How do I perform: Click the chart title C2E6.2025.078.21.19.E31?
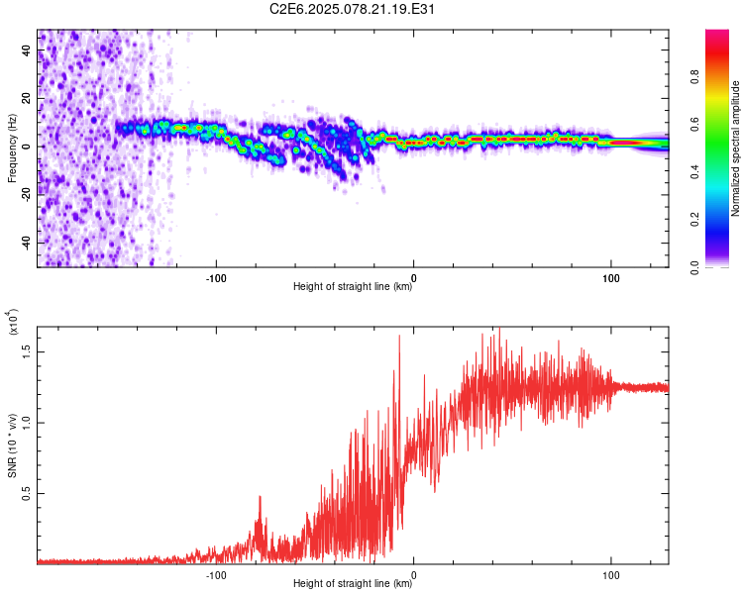(352, 9)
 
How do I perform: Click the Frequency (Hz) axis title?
(12, 148)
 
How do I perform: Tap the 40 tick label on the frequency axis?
(27, 50)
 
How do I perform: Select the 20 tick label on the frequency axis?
(27, 99)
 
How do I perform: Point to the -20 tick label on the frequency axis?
(27, 193)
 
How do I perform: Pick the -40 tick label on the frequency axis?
(27, 242)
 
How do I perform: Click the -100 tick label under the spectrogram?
(216, 278)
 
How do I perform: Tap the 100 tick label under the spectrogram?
(611, 278)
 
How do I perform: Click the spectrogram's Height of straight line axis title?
(353, 286)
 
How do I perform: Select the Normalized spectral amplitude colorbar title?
(735, 148)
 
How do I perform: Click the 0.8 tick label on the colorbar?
(694, 77)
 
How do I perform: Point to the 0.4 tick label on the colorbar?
(694, 172)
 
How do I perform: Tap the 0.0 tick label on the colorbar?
(694, 267)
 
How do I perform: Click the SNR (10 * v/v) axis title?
(12, 445)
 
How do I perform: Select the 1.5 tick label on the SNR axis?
(27, 352)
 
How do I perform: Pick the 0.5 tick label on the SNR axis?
(27, 494)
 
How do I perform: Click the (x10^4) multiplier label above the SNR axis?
(13, 322)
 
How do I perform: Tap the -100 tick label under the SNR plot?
(216, 575)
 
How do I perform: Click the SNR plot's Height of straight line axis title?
(353, 583)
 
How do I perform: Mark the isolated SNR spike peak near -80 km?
(260, 496)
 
